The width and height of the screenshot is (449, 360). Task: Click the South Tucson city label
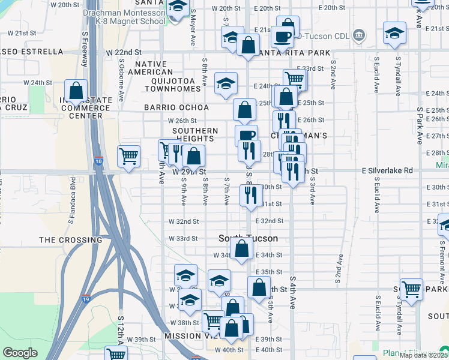pos(248,238)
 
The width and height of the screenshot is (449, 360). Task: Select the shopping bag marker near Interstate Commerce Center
pos(76,92)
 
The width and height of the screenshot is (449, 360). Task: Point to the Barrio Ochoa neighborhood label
pos(176,107)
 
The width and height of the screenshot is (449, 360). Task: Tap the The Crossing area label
pos(64,240)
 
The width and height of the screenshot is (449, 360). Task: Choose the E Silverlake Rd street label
pos(387,170)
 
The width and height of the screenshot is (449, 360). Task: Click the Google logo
pos(20,352)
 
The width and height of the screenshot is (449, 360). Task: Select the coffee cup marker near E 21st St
pos(282,37)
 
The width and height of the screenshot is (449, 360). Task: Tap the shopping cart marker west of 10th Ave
pos(129,157)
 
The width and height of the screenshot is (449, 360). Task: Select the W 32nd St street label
pos(183,221)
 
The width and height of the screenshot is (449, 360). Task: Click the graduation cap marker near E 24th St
pos(226,84)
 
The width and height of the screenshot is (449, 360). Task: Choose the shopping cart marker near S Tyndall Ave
pos(412,290)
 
